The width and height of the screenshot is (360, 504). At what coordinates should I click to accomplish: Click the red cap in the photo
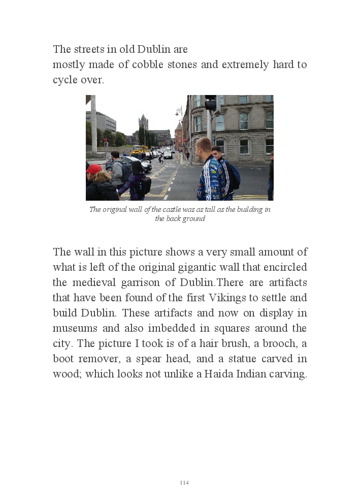[x=93, y=169]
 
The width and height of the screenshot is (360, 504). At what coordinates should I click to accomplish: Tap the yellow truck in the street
[x=139, y=150]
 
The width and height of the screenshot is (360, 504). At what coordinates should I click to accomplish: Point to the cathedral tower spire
[x=143, y=121]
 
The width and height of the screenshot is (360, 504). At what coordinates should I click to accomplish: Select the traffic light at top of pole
[x=210, y=103]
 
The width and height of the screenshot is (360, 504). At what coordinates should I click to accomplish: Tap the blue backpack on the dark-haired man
[x=234, y=175]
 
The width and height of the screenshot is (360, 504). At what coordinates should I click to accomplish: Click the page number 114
[x=184, y=483]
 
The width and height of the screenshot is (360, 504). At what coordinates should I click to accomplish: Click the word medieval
[x=95, y=282]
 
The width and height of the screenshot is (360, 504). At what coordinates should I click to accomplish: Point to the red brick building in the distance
[x=178, y=136]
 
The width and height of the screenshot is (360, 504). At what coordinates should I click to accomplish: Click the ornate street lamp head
[x=179, y=110]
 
